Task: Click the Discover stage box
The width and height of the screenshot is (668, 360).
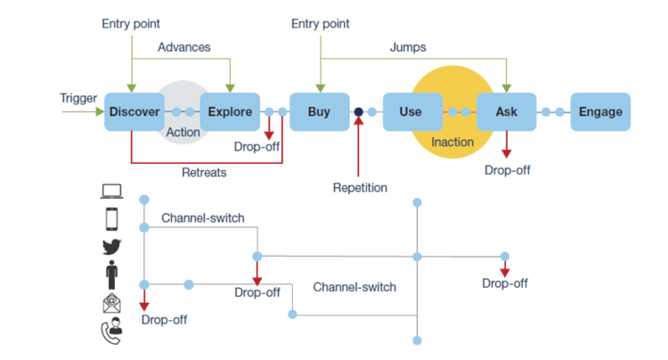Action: coord(134,112)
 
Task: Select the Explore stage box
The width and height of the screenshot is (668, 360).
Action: coord(230,112)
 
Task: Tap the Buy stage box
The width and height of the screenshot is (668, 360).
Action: coord(319,112)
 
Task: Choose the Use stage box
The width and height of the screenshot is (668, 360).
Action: coord(411,112)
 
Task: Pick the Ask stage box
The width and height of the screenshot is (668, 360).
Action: coord(506,112)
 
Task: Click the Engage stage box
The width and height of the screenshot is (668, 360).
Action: coord(600,112)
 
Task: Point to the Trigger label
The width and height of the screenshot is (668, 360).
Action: coord(78,98)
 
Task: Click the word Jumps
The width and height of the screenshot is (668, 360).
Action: coord(407,46)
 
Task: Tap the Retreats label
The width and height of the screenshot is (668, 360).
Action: coord(204,172)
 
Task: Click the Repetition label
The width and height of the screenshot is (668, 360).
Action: coord(361,188)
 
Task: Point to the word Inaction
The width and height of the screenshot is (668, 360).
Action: coord(452,143)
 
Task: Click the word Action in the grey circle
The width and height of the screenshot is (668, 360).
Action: coord(183,133)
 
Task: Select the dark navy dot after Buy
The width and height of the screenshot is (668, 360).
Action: coord(358,112)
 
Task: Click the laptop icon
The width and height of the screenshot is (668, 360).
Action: coord(112,191)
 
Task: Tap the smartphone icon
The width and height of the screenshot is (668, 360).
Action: coord(112,218)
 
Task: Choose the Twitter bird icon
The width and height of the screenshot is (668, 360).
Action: coord(112,247)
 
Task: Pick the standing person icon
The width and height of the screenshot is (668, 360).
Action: coord(112,275)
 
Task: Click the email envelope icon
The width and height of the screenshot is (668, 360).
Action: coord(112,304)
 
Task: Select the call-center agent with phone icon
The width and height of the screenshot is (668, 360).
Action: coord(112,331)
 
